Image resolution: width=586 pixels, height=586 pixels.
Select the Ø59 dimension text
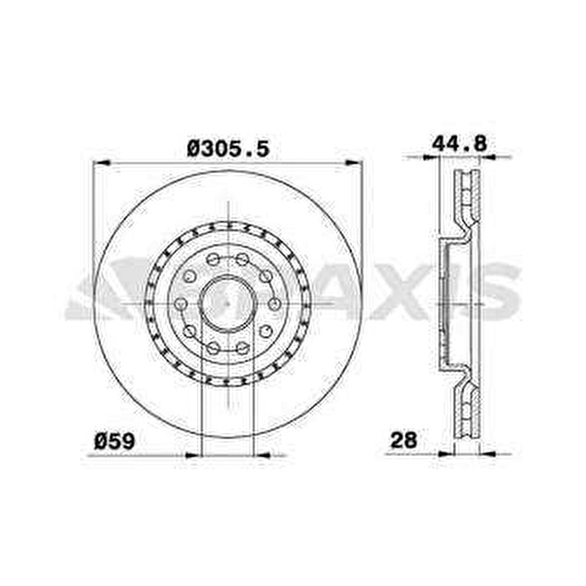pos(115,440)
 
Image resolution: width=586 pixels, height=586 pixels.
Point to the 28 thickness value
pos(403,440)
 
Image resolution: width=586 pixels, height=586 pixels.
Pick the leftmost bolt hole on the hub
pos(181,303)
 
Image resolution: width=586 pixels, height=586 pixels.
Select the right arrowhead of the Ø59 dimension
pos(262,454)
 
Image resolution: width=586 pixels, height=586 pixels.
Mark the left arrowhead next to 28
pos(431,453)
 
